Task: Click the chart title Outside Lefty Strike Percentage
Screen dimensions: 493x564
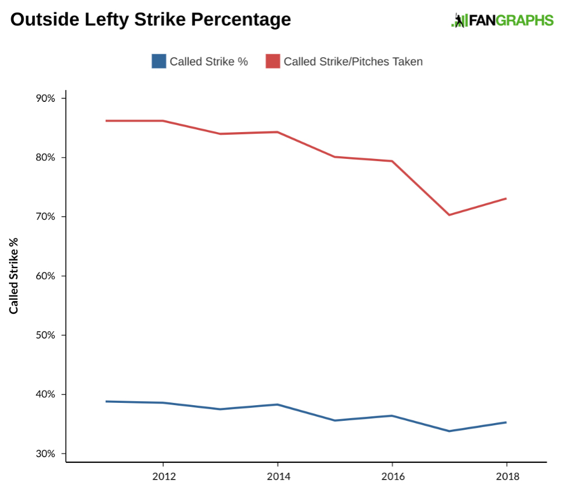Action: [x=151, y=20]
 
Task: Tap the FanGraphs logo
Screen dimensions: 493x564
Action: [x=502, y=21]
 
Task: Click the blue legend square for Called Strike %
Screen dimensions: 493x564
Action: [x=159, y=61]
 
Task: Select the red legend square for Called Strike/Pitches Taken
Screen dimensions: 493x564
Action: [x=273, y=61]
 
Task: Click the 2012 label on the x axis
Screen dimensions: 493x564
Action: [x=163, y=477]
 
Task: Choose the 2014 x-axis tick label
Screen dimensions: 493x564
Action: [x=278, y=477]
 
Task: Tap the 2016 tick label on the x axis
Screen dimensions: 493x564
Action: [x=392, y=477]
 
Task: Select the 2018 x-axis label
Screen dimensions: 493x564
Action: [x=507, y=477]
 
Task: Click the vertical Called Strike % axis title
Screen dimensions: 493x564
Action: [x=13, y=275]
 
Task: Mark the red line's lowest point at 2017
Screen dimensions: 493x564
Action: [x=449, y=215]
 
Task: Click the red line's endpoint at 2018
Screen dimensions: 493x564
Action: [x=506, y=199]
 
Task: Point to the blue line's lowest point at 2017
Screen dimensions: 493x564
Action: [x=449, y=431]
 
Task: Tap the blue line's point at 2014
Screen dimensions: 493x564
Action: [x=278, y=405]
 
